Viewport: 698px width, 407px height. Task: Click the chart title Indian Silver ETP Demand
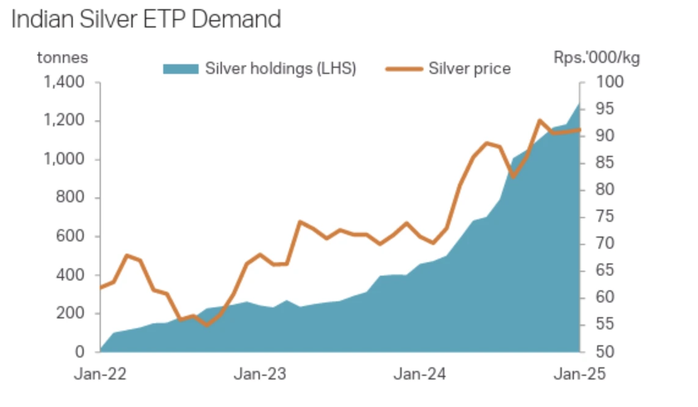pyautogui.click(x=146, y=20)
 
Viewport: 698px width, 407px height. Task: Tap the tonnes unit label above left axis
pyautogui.click(x=62, y=58)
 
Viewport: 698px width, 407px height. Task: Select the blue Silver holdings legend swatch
pyautogui.click(x=181, y=68)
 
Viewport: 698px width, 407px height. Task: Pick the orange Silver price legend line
pyautogui.click(x=404, y=68)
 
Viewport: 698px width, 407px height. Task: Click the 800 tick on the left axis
pyautogui.click(x=72, y=198)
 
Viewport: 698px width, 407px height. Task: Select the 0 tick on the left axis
pyautogui.click(x=80, y=352)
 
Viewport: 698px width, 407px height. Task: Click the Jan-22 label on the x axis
pyautogui.click(x=100, y=374)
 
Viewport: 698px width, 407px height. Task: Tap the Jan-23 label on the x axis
pyautogui.click(x=260, y=374)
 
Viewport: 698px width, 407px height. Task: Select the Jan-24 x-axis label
pyautogui.click(x=419, y=374)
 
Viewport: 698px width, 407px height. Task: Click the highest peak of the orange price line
pyautogui.click(x=540, y=120)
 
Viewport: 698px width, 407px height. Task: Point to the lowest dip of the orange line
pyautogui.click(x=207, y=324)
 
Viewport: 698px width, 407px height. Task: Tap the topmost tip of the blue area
pyautogui.click(x=579, y=103)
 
